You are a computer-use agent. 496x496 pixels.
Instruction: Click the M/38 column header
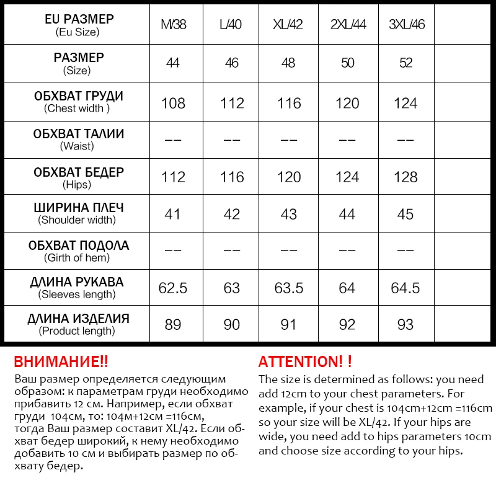pos(173,25)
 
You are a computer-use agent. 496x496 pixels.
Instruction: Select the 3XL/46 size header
pos(405,25)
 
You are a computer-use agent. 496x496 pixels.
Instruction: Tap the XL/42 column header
pos(289,25)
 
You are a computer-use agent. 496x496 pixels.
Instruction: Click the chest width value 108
pos(173,103)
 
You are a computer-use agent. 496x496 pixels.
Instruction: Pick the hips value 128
pos(405,177)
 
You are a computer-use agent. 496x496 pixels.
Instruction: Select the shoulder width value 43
pos(289,214)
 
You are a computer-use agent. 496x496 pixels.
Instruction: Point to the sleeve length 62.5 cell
pos(173,288)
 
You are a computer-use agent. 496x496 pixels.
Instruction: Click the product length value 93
pos(405,324)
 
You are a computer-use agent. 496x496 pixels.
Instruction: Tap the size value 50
pos(347,63)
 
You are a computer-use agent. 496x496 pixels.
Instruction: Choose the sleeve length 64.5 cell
pos(405,288)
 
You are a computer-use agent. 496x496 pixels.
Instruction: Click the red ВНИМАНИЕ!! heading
pos(61,361)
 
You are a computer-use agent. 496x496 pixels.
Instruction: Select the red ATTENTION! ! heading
pos(305,361)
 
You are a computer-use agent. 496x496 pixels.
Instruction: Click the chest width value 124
pos(405,103)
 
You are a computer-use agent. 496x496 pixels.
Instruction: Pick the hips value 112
pos(173,177)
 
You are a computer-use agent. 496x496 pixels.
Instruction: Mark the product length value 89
pos(173,324)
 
